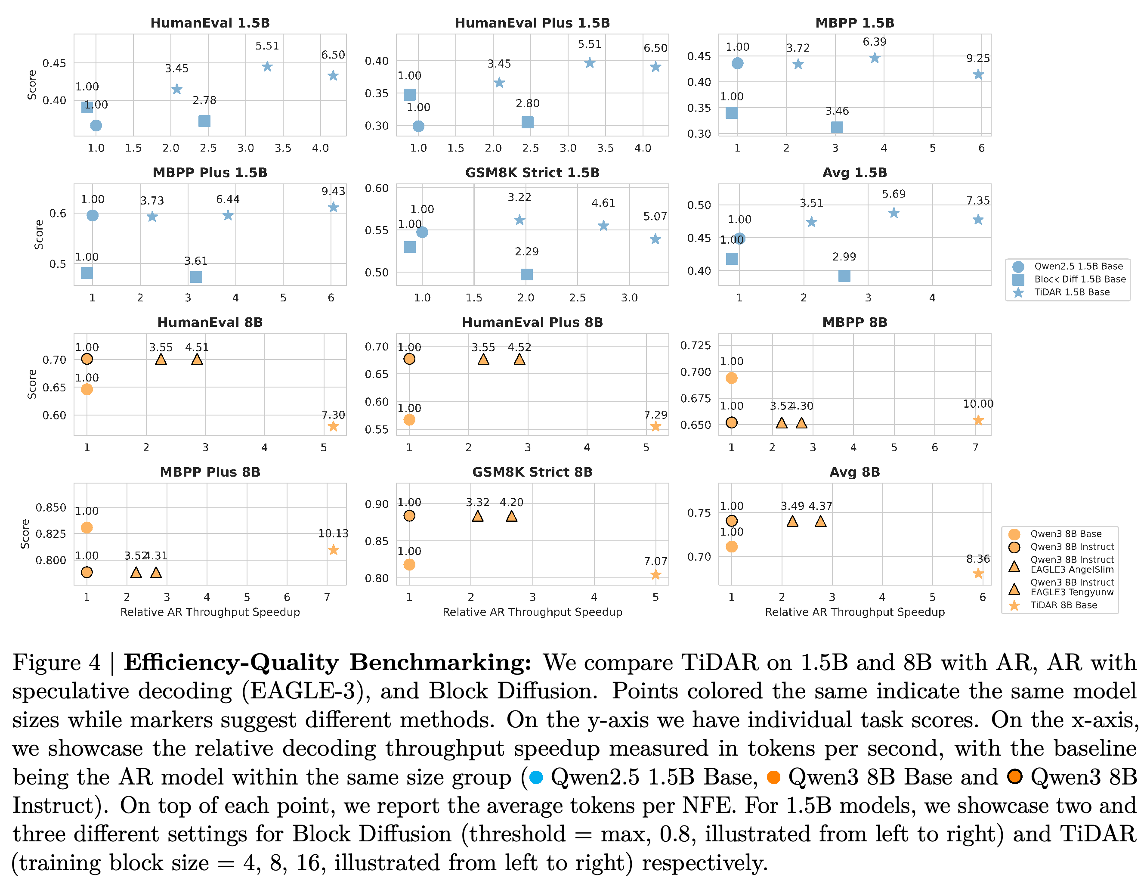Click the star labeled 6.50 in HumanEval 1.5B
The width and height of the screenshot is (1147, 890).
click(x=333, y=76)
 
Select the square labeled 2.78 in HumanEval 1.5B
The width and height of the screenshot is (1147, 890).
click(x=204, y=121)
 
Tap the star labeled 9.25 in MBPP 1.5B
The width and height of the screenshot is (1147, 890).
click(x=978, y=74)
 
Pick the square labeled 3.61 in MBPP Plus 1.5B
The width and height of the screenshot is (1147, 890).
click(x=196, y=277)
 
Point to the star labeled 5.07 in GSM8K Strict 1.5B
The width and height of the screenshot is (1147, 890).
click(x=655, y=239)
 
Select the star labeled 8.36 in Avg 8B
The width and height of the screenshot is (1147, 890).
click(x=978, y=574)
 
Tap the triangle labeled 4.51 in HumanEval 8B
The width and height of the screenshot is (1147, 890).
click(x=197, y=360)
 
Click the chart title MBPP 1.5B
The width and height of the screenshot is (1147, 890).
click(x=854, y=23)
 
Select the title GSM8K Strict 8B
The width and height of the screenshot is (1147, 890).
click(x=532, y=472)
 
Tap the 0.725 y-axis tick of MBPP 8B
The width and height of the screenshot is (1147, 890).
click(x=696, y=345)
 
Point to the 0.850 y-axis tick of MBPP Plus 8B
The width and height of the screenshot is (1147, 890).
click(x=51, y=508)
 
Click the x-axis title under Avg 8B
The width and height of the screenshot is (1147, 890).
click(x=854, y=612)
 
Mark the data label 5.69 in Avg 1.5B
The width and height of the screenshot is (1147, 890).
click(x=893, y=194)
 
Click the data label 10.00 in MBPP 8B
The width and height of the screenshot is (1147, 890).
click(x=978, y=404)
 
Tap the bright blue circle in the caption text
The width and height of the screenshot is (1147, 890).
click(x=536, y=778)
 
